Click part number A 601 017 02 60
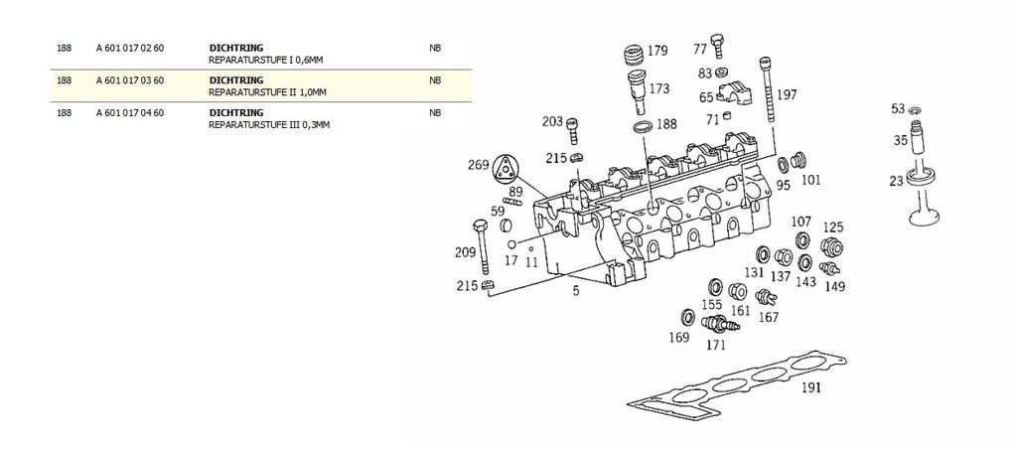[129, 48]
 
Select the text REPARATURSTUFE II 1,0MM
[267, 92]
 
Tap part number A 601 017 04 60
[129, 113]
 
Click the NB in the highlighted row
[434, 80]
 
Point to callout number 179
[657, 51]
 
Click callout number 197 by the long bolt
[787, 95]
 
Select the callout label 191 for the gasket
[810, 388]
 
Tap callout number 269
[479, 164]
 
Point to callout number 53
[898, 108]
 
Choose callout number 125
[831, 228]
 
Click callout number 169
[678, 338]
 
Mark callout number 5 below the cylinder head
[574, 290]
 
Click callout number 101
[810, 180]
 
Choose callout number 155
[712, 305]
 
